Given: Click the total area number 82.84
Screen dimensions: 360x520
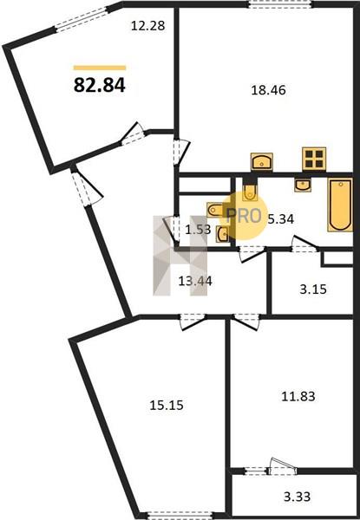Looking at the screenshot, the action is pos(99,85).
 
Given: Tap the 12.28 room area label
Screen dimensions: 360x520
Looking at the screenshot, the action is pos(147,25).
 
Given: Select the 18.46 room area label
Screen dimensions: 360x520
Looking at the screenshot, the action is pos(268,90).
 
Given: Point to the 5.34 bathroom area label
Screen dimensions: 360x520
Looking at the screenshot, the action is pos(281,219).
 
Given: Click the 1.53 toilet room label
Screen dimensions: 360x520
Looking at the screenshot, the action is pos(198,229).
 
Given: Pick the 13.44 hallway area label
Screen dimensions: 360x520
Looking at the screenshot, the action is pos(195,281).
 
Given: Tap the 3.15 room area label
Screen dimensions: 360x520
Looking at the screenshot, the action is pos(313,289).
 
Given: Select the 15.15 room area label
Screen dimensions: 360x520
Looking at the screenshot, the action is pos(167,405).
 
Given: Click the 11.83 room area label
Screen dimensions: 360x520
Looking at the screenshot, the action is pos(298,396).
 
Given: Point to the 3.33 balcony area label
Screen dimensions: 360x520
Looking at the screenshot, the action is pos(297,497).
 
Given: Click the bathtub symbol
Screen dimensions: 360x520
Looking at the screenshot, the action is pos(340,205).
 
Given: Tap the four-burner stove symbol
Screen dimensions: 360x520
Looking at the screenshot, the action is pos(314,159).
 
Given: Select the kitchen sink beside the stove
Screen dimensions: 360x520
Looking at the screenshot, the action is pos(262,161).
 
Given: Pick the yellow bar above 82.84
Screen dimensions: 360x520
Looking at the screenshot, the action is pos(100,68).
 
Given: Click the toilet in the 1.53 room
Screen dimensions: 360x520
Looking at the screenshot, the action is pos(215,210).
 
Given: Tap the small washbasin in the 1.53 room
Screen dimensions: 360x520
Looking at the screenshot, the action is pos(222,234).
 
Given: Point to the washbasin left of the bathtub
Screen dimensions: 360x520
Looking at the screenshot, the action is pos(303,185).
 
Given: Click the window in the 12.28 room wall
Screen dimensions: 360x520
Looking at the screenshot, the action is pos(82,20).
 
